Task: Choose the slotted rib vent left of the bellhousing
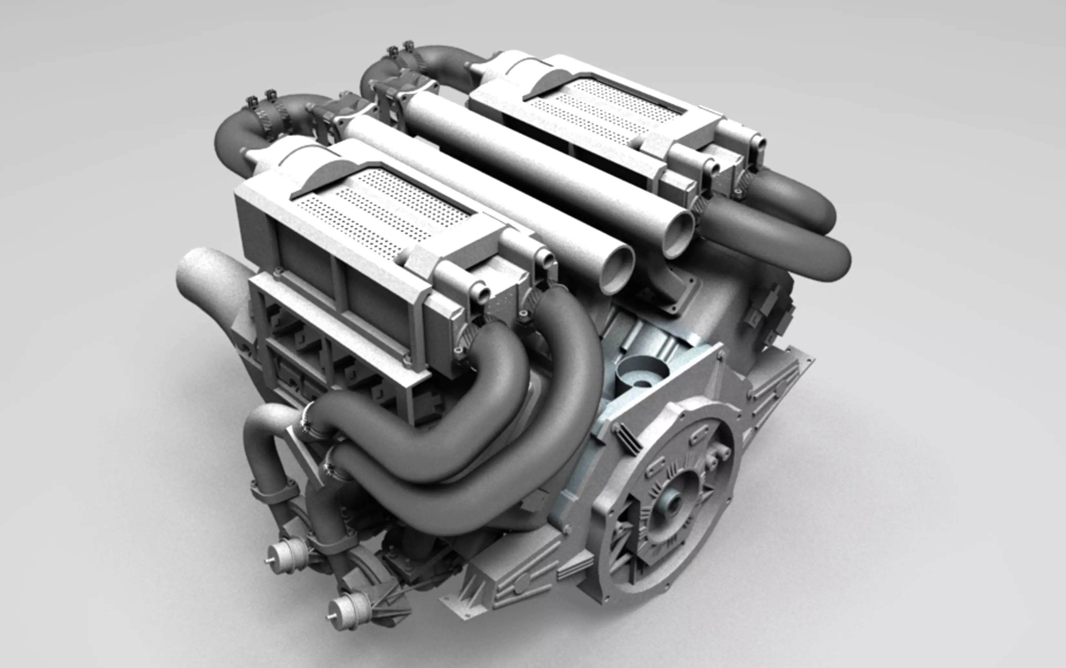click(x=628, y=437)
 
